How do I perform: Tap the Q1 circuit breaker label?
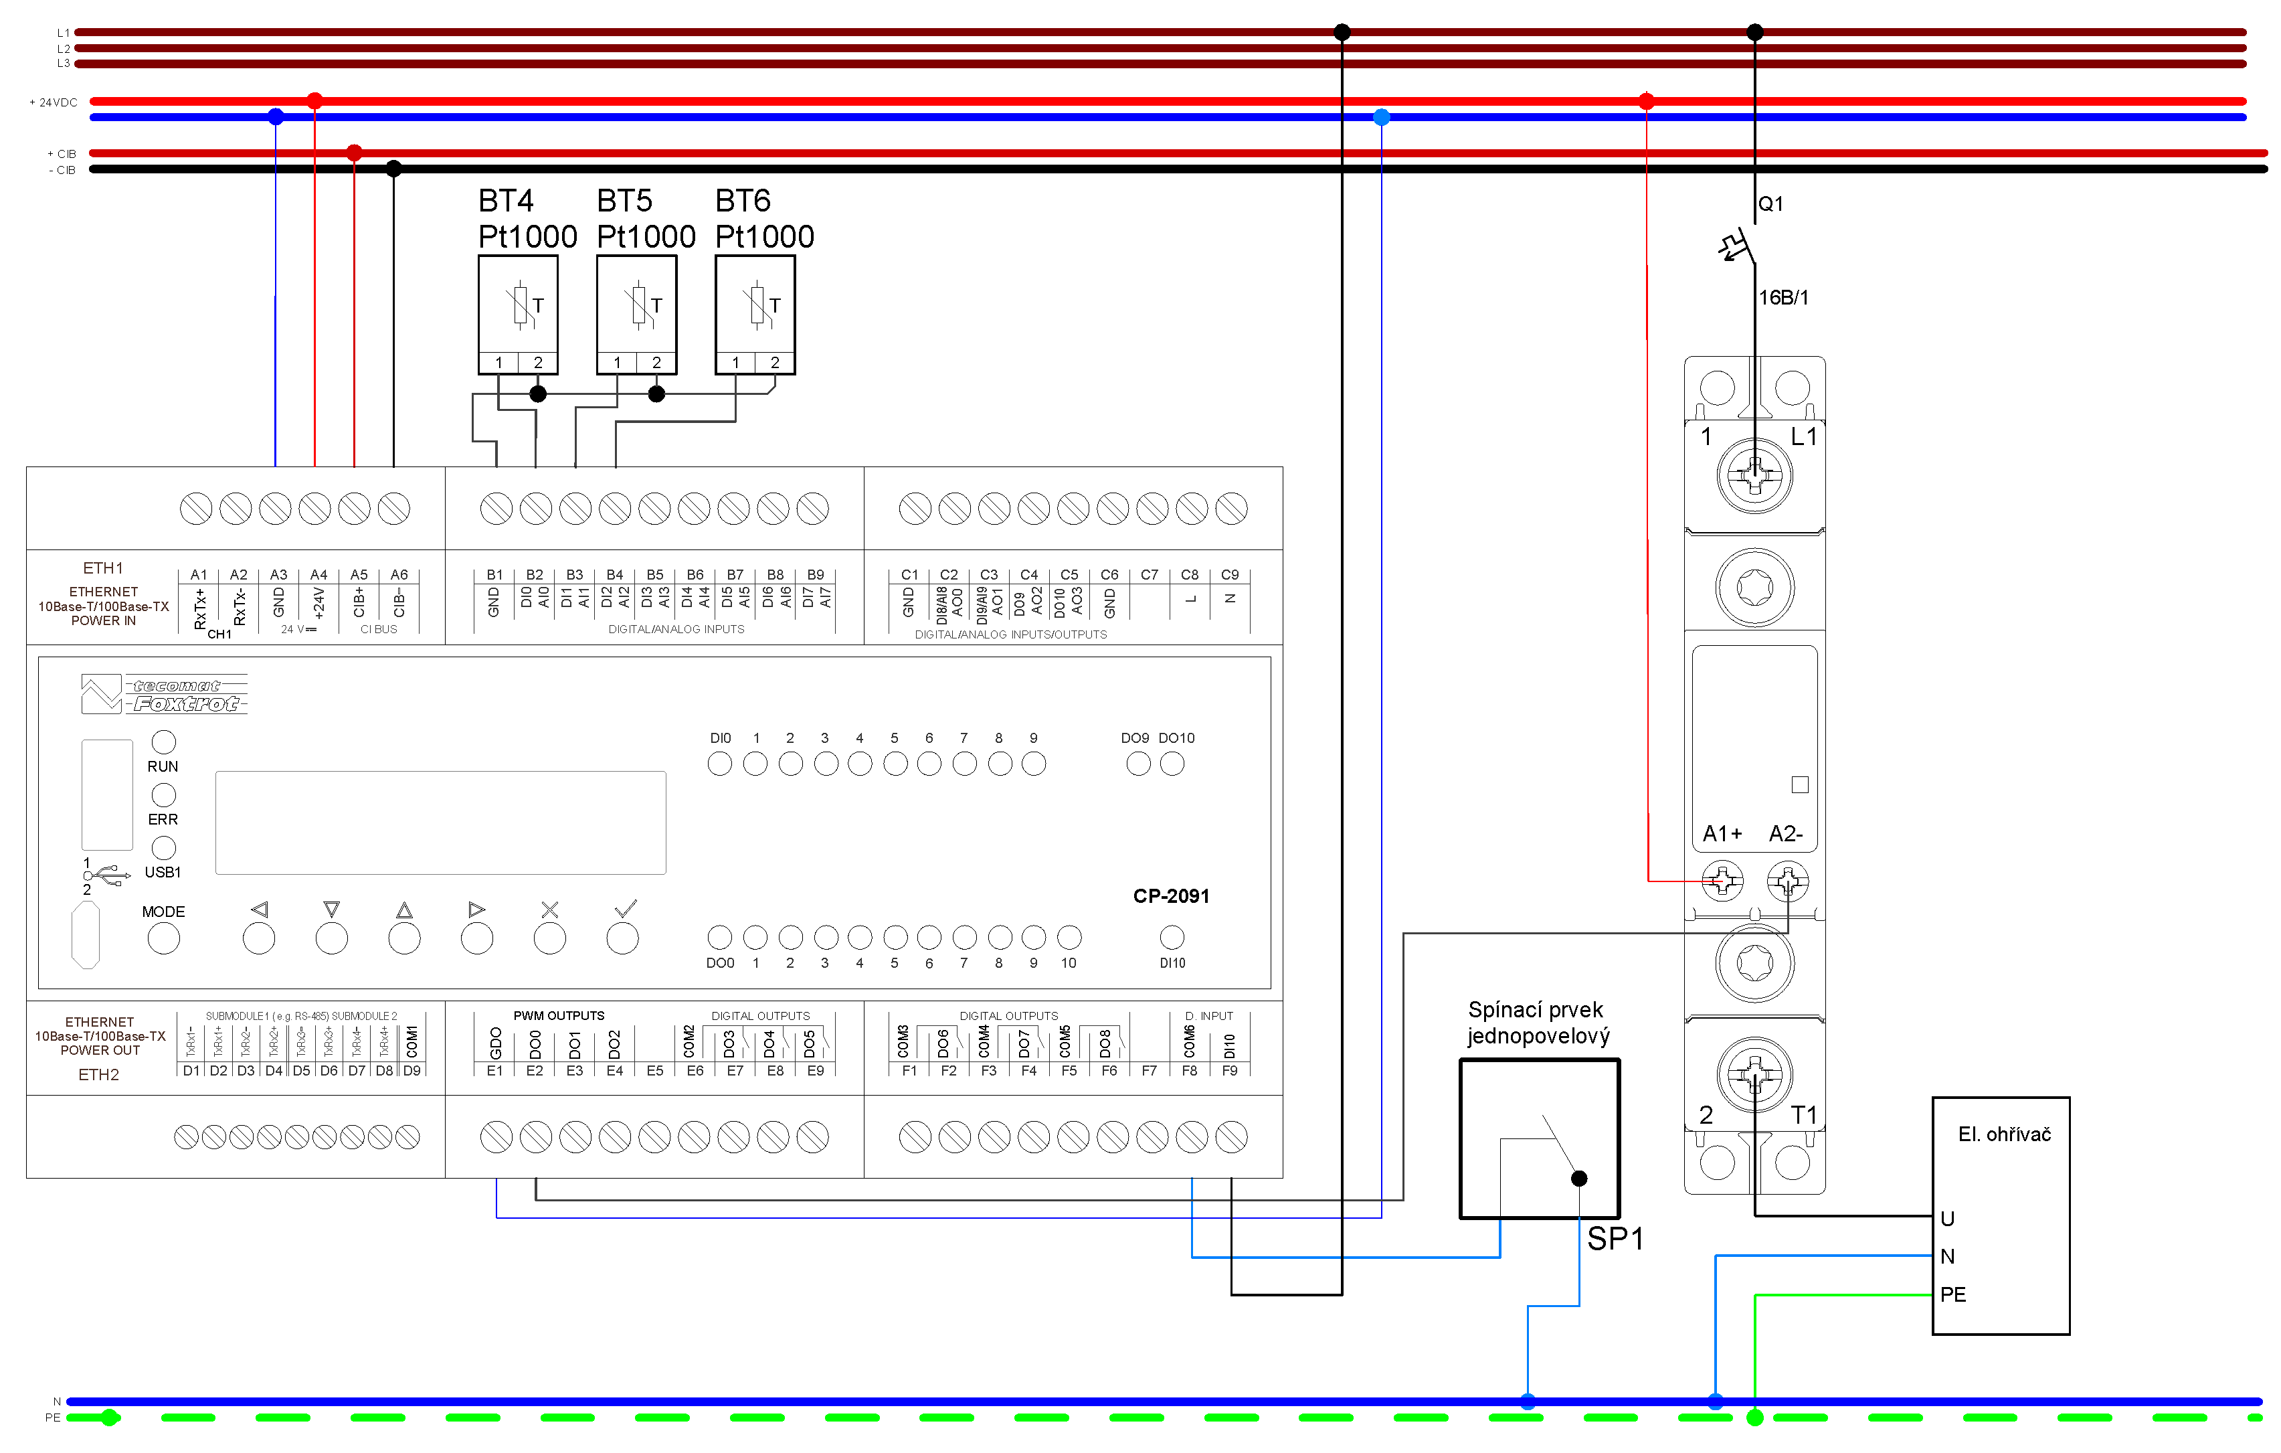[x=1770, y=203]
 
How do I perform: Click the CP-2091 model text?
[x=1171, y=896]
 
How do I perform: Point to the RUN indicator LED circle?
[x=164, y=742]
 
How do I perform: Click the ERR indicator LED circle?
[x=164, y=794]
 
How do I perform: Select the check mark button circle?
[x=622, y=939]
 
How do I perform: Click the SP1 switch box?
[x=1540, y=1138]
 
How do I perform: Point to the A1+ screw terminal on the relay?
[x=1722, y=882]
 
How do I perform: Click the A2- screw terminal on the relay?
[x=1787, y=882]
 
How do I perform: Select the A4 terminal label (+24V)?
[x=318, y=575]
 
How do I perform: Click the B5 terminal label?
[x=654, y=575]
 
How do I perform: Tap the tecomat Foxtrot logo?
[x=165, y=694]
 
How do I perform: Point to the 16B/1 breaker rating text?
[x=1783, y=297]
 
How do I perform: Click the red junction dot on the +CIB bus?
[x=354, y=153]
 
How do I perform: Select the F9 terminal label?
[x=1230, y=1070]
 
